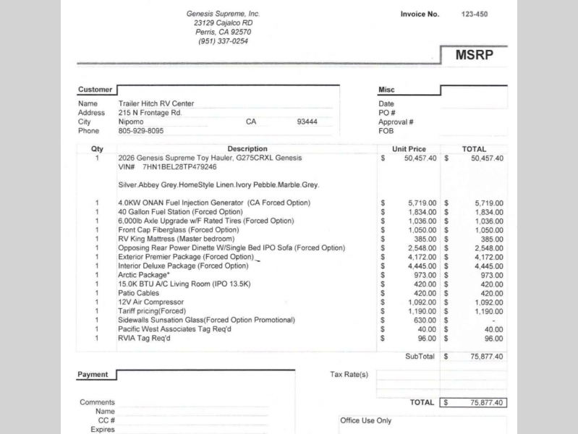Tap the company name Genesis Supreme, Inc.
coord(223,14)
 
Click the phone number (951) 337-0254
coord(223,41)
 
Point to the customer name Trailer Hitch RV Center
coord(156,103)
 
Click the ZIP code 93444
coord(308,122)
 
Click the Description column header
coord(247,149)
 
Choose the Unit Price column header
coord(409,149)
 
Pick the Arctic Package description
coord(144,275)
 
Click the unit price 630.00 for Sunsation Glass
coord(423,320)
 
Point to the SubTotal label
coord(420,356)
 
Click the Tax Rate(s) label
coord(349,375)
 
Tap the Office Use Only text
coord(365,420)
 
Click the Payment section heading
coord(93,375)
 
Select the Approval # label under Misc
coord(396,122)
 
